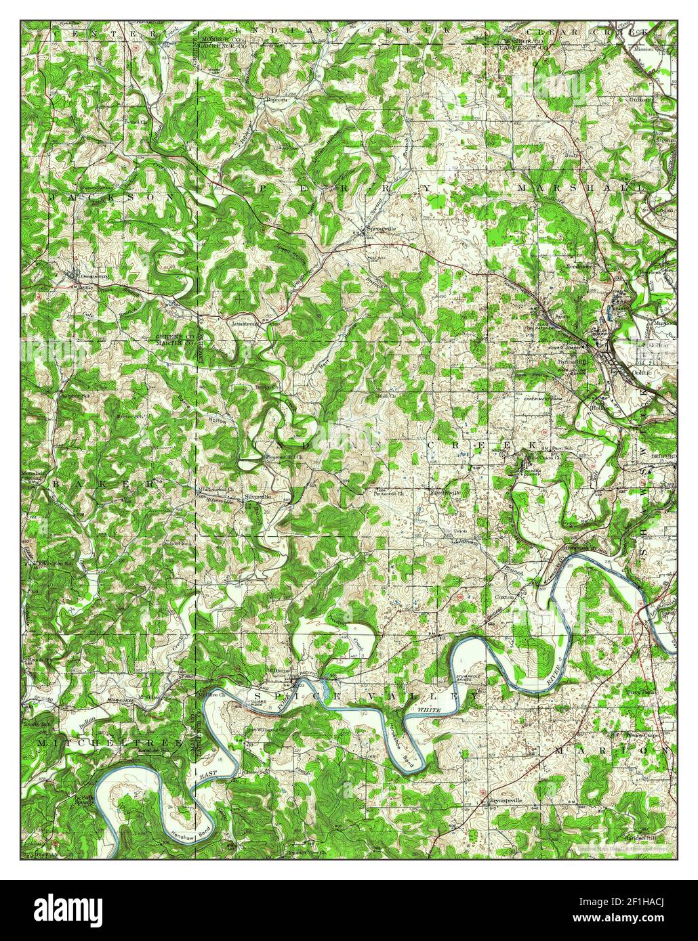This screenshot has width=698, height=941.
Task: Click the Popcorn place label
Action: tap(276, 100)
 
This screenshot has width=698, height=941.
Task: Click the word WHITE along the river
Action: tap(429, 709)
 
